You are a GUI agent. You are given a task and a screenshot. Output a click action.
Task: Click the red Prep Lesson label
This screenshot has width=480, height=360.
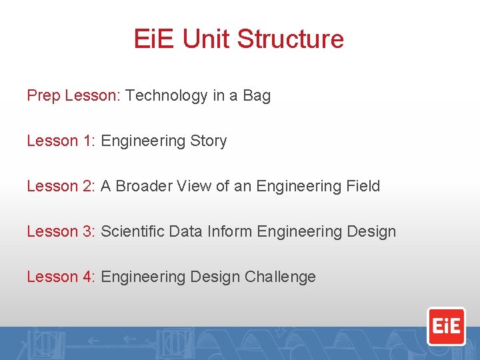coord(72,96)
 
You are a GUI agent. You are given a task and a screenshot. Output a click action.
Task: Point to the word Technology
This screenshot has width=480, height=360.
coord(167,96)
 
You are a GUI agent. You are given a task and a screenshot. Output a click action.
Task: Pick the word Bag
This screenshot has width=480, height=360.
coord(257,96)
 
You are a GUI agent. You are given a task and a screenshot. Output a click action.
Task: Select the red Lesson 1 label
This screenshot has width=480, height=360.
coord(61,141)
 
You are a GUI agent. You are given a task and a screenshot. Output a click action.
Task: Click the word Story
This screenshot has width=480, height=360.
coord(209,141)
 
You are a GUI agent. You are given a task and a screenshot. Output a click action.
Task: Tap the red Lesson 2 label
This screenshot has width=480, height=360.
coord(61,187)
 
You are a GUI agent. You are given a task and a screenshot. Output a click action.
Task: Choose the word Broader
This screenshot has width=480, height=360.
coord(144,187)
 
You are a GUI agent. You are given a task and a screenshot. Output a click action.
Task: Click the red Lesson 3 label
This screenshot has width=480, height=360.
coord(61,232)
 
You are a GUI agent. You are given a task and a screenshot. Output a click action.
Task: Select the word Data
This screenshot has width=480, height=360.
coord(185,232)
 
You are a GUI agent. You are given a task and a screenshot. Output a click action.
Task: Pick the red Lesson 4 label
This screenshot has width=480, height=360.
coord(61,277)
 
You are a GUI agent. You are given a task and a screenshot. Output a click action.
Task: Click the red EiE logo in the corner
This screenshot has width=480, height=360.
coord(446,326)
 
